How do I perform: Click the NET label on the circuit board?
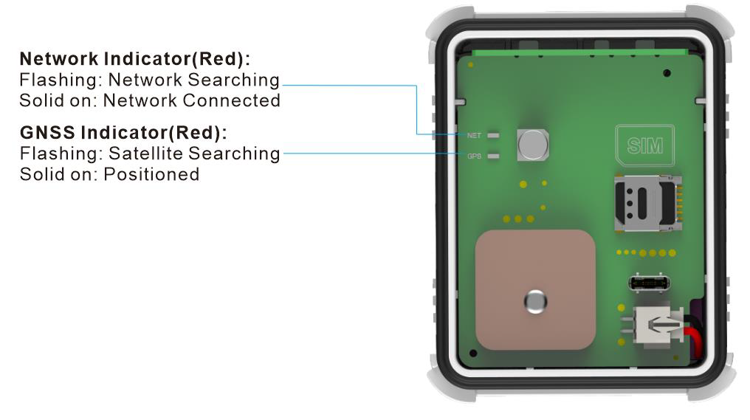click(x=474, y=136)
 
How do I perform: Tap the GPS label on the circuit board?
click(x=474, y=156)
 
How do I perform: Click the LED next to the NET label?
click(x=493, y=136)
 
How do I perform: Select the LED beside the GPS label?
click(x=493, y=156)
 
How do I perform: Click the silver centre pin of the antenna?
click(x=534, y=300)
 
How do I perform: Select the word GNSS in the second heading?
click(x=47, y=133)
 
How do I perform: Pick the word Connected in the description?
click(x=235, y=100)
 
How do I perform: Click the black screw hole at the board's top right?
click(x=667, y=73)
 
